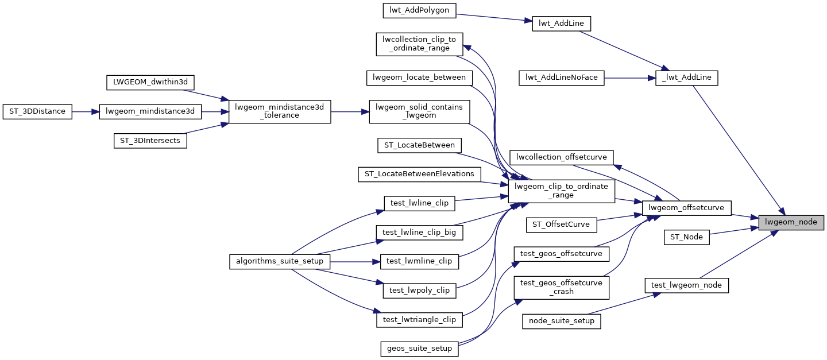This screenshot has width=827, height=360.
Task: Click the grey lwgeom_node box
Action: click(791, 222)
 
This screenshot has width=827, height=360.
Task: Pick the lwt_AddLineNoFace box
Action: click(562, 78)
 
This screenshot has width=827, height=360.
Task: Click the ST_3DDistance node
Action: click(37, 112)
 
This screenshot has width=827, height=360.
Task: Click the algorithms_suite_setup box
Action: click(280, 261)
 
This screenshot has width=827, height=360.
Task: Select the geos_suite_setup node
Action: click(419, 349)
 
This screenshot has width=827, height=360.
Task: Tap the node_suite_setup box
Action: click(561, 321)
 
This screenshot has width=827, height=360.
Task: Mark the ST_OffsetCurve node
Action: click(562, 224)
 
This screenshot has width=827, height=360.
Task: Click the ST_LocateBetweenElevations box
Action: click(419, 174)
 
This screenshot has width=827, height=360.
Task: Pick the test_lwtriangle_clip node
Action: click(419, 320)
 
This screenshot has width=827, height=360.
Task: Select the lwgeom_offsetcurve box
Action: click(686, 207)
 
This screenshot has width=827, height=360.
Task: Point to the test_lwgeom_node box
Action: click(686, 285)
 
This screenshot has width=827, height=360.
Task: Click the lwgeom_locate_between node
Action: click(419, 78)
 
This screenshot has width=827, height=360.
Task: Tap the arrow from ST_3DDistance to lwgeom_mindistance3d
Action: click(86, 112)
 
